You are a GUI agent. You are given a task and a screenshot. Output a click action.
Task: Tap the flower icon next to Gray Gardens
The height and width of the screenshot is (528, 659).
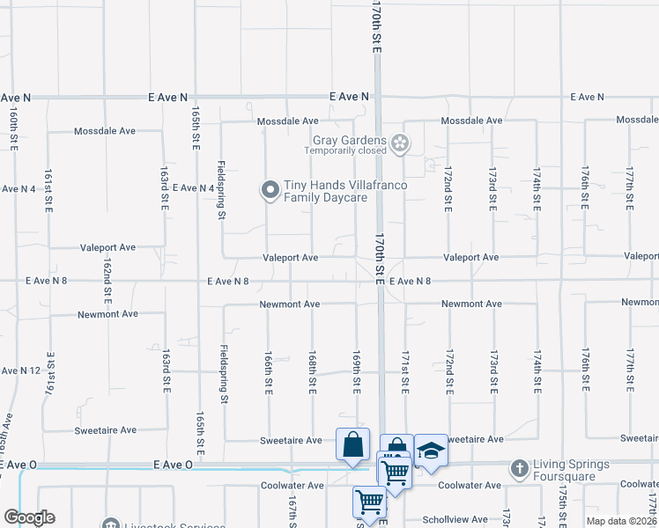(x=400, y=143)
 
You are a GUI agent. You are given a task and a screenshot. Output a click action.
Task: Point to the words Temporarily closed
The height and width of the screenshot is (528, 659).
(x=345, y=150)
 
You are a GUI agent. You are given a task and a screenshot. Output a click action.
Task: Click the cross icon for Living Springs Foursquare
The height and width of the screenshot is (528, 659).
(x=521, y=467)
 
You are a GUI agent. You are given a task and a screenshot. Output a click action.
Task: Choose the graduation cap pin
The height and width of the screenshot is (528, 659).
(x=430, y=451)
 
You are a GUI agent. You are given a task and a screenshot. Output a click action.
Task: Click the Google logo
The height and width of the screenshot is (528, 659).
(x=29, y=518)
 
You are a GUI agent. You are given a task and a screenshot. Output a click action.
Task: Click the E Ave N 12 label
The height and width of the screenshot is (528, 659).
(x=21, y=370)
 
